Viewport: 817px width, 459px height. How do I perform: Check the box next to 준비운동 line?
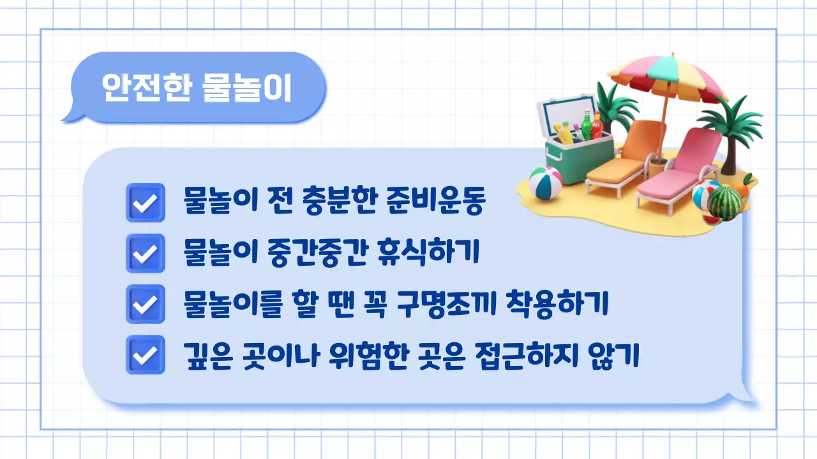pyautogui.click(x=146, y=203)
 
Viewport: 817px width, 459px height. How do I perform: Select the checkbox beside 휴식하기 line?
pyautogui.click(x=146, y=253)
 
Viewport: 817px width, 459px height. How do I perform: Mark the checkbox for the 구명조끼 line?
pyautogui.click(x=146, y=304)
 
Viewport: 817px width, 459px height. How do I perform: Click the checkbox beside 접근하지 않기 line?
pyautogui.click(x=146, y=354)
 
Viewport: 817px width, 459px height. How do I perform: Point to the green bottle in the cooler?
pyautogui.click(x=586, y=126)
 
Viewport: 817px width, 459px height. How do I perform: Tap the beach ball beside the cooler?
pyautogui.click(x=545, y=183)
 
